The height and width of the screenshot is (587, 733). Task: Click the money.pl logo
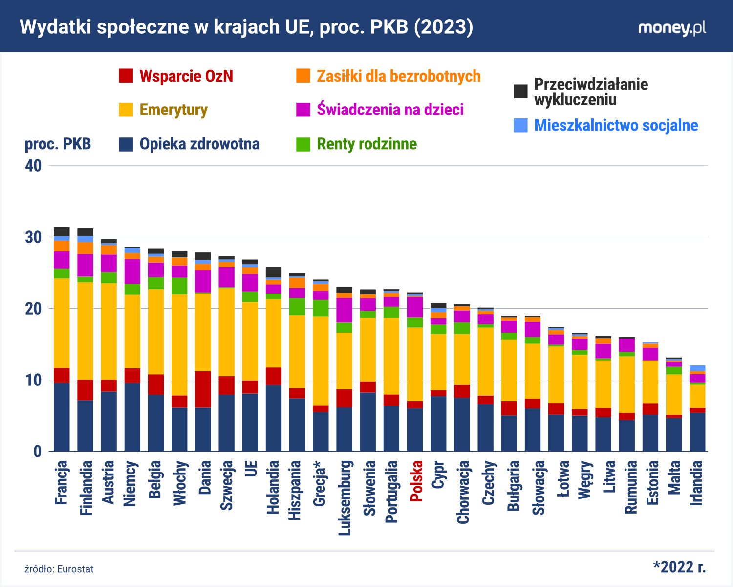pyautogui.click(x=672, y=28)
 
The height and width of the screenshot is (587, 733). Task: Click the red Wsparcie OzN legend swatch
pyautogui.click(x=126, y=76)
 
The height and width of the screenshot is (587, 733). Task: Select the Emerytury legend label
pyautogui.click(x=173, y=110)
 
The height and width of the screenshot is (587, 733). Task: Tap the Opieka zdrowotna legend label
pyautogui.click(x=199, y=144)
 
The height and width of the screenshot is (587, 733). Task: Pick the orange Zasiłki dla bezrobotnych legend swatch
pyautogui.click(x=303, y=76)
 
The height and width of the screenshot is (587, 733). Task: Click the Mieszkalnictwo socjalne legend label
pyautogui.click(x=616, y=125)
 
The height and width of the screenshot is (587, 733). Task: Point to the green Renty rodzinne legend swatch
pyautogui.click(x=303, y=144)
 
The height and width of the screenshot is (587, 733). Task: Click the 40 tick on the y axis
pyautogui.click(x=33, y=166)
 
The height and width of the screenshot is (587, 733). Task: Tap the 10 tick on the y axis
pyautogui.click(x=33, y=380)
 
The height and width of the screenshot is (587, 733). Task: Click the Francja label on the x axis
pyautogui.click(x=62, y=482)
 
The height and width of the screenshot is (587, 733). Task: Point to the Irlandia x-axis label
pyautogui.click(x=696, y=483)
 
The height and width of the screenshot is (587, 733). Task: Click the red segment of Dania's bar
pyautogui.click(x=203, y=389)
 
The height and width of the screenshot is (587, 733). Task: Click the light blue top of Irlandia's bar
pyautogui.click(x=697, y=368)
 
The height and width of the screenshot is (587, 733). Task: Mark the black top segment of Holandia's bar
pyautogui.click(x=274, y=272)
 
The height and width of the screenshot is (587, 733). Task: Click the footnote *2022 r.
pyautogui.click(x=679, y=567)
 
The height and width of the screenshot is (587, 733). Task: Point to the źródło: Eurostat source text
pyautogui.click(x=59, y=569)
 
